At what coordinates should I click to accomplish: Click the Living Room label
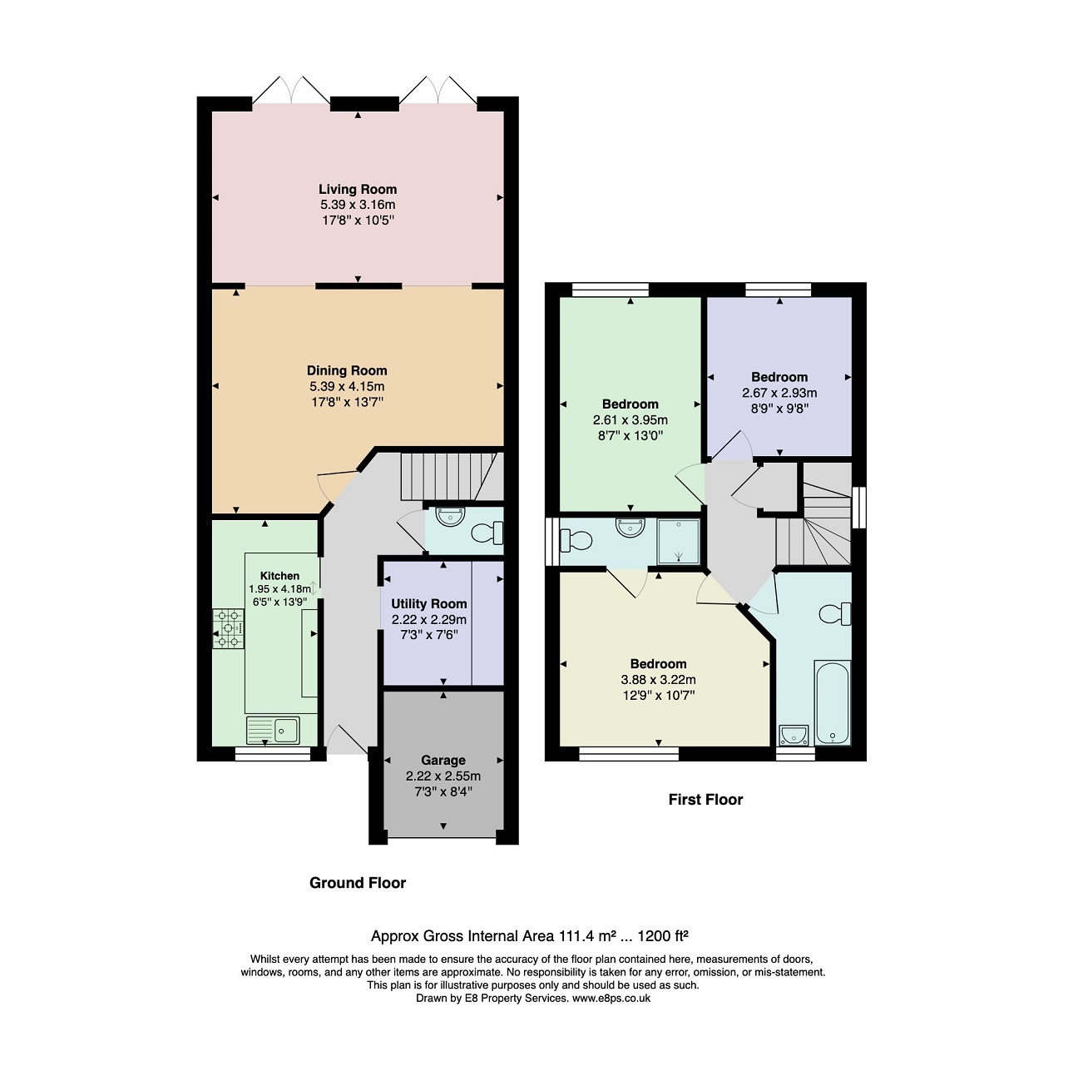click(x=358, y=190)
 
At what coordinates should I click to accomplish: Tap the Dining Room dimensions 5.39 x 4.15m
click(x=347, y=386)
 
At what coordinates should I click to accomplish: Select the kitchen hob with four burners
click(x=229, y=629)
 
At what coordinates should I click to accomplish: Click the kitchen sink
click(x=273, y=731)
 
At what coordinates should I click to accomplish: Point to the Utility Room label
click(x=428, y=603)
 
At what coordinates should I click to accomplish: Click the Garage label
click(x=443, y=761)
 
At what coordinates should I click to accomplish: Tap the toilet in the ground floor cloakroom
click(x=487, y=533)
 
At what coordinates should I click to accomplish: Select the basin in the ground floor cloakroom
click(x=450, y=516)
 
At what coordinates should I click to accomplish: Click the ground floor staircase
click(x=452, y=476)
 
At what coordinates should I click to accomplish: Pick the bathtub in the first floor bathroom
click(x=833, y=702)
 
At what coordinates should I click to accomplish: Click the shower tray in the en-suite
click(x=678, y=542)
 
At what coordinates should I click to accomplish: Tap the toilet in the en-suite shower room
click(x=576, y=540)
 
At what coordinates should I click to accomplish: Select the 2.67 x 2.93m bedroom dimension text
click(x=779, y=393)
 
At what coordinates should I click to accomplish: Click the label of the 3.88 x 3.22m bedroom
click(x=658, y=663)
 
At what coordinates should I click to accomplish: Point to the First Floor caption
click(x=705, y=800)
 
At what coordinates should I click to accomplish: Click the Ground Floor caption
click(x=358, y=883)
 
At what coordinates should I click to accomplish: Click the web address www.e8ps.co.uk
click(x=611, y=999)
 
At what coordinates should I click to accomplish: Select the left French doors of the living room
click(x=291, y=90)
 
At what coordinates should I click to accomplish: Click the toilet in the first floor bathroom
click(x=835, y=613)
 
